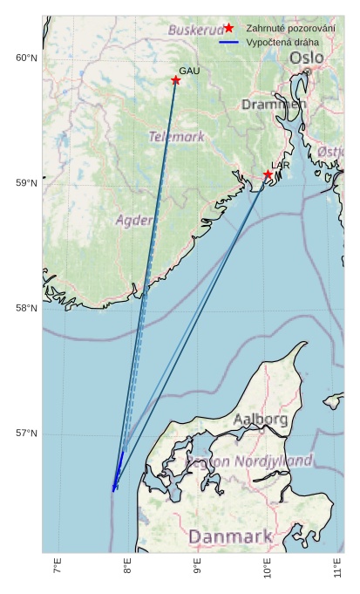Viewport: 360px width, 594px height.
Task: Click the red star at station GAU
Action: pyautogui.click(x=175, y=80)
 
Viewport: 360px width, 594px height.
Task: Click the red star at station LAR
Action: pyautogui.click(x=268, y=175)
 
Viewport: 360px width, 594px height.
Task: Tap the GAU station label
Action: pyautogui.click(x=189, y=71)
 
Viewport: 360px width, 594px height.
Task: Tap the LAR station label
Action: pyautogui.click(x=281, y=165)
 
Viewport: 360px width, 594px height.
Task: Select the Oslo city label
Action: pyautogui.click(x=307, y=58)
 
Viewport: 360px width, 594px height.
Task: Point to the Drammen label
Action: pyautogui.click(x=274, y=104)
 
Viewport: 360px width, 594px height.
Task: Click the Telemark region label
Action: pyautogui.click(x=176, y=137)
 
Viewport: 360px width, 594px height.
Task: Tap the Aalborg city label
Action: pyautogui.click(x=260, y=420)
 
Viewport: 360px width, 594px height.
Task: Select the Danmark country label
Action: pyautogui.click(x=230, y=536)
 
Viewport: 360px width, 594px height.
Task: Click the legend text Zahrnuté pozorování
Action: pyautogui.click(x=290, y=29)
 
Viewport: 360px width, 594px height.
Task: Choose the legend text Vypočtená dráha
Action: pyautogui.click(x=282, y=42)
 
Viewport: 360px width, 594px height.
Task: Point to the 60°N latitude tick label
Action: pyautogui.click(x=26, y=58)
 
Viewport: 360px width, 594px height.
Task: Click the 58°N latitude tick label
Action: pyautogui.click(x=26, y=309)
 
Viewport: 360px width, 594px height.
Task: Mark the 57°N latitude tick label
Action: pyautogui.click(x=26, y=434)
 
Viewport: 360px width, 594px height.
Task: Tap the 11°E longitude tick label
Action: pyautogui.click(x=337, y=570)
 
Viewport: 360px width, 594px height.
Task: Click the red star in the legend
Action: pyautogui.click(x=228, y=28)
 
